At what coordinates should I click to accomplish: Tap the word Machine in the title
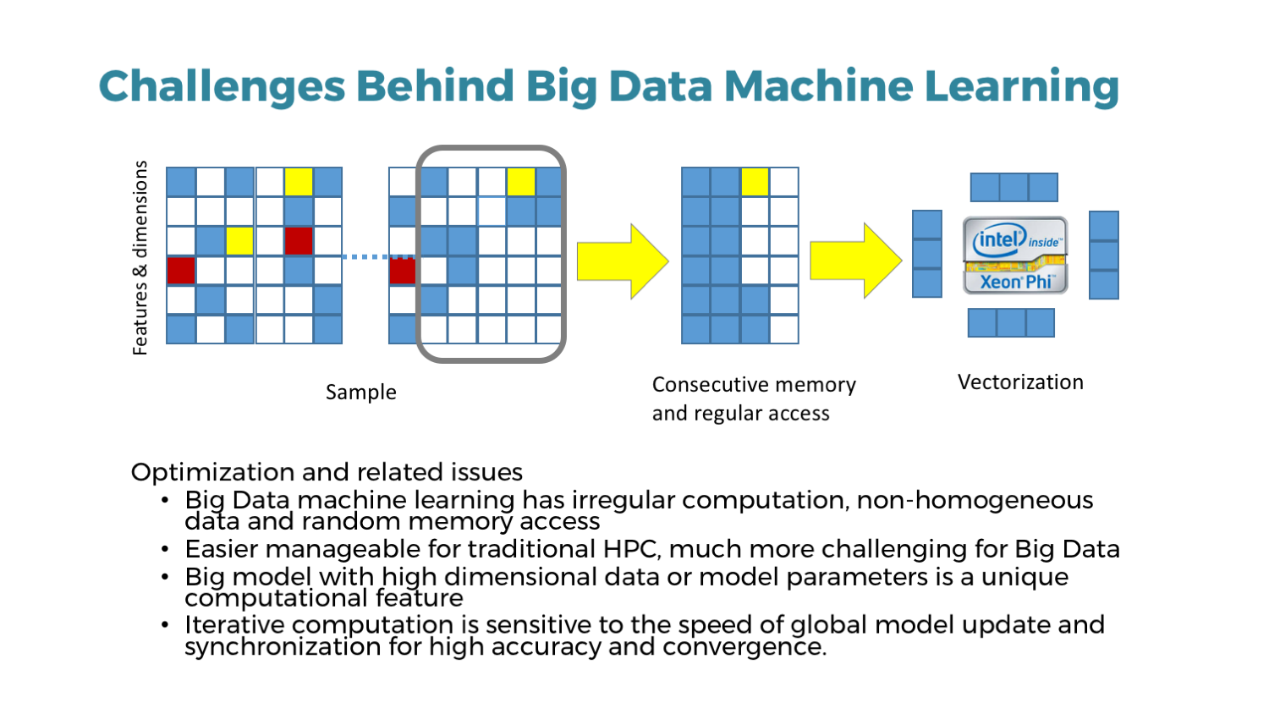(817, 86)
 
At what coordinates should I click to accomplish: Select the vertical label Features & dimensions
(140, 257)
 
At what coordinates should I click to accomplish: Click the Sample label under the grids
(360, 392)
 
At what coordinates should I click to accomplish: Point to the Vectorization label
(1019, 382)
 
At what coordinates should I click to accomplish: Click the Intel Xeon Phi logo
(1015, 255)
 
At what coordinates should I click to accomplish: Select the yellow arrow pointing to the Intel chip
(855, 261)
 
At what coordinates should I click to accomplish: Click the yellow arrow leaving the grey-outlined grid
(623, 261)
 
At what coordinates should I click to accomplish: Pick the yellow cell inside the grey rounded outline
(521, 182)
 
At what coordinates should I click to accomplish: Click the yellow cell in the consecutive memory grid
(755, 182)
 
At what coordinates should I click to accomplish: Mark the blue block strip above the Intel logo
(1014, 187)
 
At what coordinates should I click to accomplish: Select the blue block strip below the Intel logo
(1011, 322)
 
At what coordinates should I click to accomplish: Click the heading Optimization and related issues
(327, 472)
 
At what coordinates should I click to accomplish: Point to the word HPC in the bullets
(631, 549)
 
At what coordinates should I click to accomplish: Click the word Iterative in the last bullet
(235, 625)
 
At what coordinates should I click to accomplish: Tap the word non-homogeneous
(975, 500)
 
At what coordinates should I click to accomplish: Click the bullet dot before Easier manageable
(165, 549)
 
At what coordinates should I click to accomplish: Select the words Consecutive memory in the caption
(754, 385)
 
